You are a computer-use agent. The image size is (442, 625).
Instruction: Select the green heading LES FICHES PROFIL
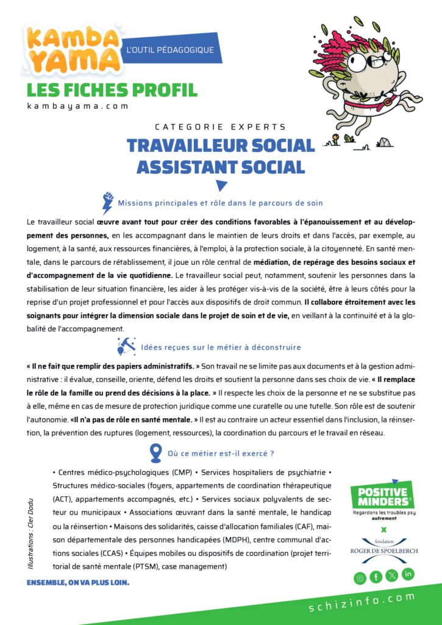coord(112,90)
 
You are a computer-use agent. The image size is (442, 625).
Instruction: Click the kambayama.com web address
coord(78,106)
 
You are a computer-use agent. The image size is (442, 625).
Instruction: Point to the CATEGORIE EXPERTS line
coord(220,127)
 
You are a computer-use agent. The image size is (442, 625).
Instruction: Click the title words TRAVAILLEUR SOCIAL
coord(220,145)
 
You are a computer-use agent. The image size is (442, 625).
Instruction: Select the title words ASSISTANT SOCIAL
coord(220,166)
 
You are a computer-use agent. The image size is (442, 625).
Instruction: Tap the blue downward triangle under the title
coord(221,186)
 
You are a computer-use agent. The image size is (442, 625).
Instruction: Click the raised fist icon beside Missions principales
coord(108,201)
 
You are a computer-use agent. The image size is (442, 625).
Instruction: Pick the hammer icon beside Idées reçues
coord(126,346)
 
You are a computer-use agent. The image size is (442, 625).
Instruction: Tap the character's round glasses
coord(366,62)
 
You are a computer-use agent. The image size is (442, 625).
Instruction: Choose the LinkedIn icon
coord(407,574)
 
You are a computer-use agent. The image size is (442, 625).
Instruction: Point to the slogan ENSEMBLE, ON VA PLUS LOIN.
coord(78,582)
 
